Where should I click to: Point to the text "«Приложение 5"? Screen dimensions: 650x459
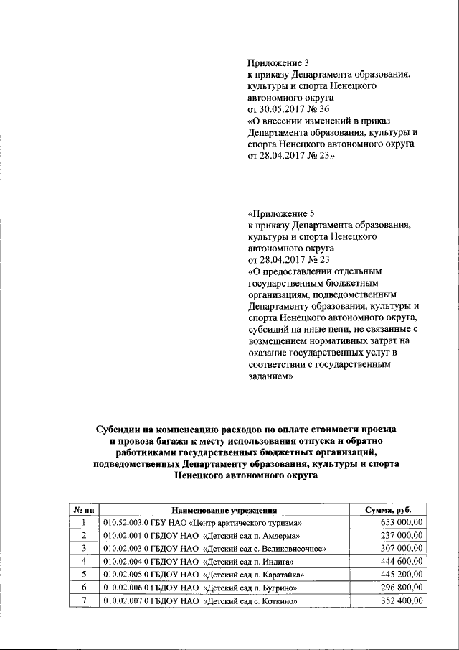(x=281, y=213)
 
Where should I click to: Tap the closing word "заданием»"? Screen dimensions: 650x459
(x=271, y=375)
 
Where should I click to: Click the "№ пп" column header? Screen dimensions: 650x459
(x=85, y=510)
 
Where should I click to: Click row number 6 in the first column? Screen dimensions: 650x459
(x=85, y=588)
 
